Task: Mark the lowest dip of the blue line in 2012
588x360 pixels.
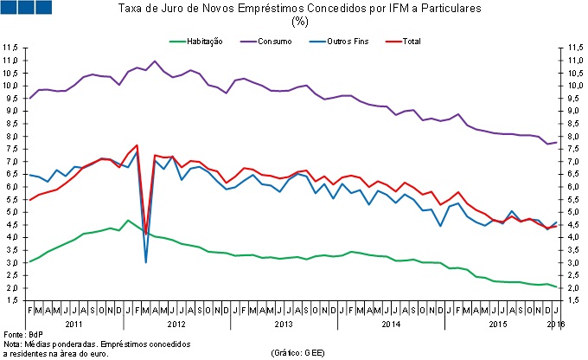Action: pos(145,261)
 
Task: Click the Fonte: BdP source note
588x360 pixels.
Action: pos(20,334)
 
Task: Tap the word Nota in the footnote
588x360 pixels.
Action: pos(13,344)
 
